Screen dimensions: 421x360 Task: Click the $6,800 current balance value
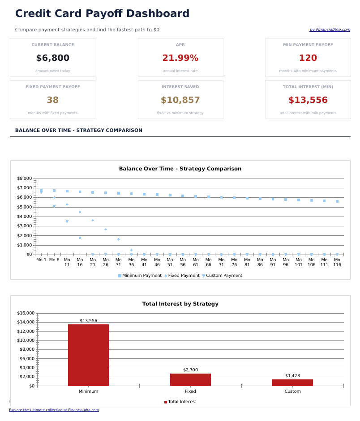[52, 58]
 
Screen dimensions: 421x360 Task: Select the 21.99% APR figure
[180, 58]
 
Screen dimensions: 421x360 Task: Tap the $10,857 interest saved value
[180, 100]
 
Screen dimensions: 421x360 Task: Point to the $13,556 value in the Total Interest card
[308, 100]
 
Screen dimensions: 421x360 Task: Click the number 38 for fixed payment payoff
[52, 100]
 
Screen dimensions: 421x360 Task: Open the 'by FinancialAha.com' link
[330, 30]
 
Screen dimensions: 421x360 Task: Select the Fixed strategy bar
[190, 379]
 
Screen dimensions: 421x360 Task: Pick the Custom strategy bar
[292, 383]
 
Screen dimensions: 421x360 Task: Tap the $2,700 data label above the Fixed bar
[190, 370]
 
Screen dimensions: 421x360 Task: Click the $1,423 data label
[292, 376]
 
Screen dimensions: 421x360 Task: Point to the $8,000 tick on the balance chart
[24, 179]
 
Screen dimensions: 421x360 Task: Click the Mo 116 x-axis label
[337, 262]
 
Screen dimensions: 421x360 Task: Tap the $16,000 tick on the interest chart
[26, 313]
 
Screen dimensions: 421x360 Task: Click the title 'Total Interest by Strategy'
[180, 304]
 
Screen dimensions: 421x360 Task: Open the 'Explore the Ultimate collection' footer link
[54, 410]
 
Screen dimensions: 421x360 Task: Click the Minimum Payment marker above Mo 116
[337, 201]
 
